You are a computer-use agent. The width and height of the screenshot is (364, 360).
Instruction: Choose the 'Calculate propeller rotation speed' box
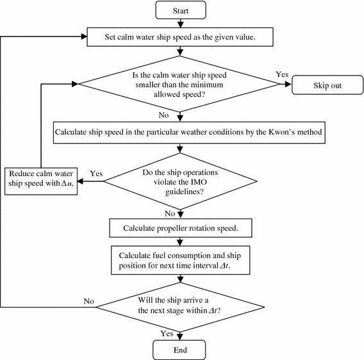point(180,228)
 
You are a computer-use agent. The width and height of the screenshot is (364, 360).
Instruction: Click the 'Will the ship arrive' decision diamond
point(180,305)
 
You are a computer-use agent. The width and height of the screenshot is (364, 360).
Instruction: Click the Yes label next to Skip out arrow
point(282,75)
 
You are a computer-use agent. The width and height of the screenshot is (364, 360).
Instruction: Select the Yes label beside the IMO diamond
point(97,174)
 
